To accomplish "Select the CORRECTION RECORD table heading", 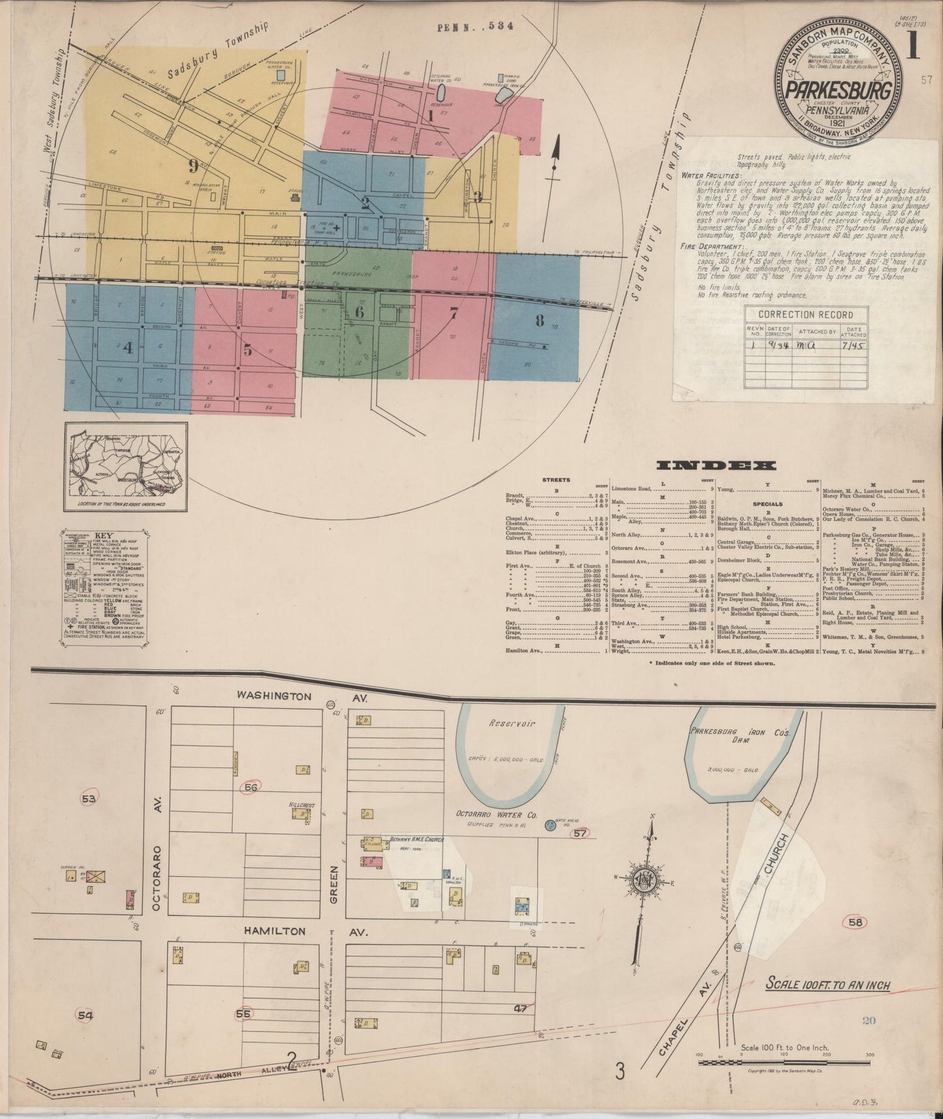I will tap(808, 315).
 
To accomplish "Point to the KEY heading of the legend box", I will tap(104, 534).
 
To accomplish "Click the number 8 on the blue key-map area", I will tap(539, 320).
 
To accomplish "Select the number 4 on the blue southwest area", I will tap(128, 348).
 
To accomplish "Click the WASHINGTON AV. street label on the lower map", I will tap(293, 697).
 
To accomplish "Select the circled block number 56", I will tap(251, 788).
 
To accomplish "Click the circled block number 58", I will tap(856, 922).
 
